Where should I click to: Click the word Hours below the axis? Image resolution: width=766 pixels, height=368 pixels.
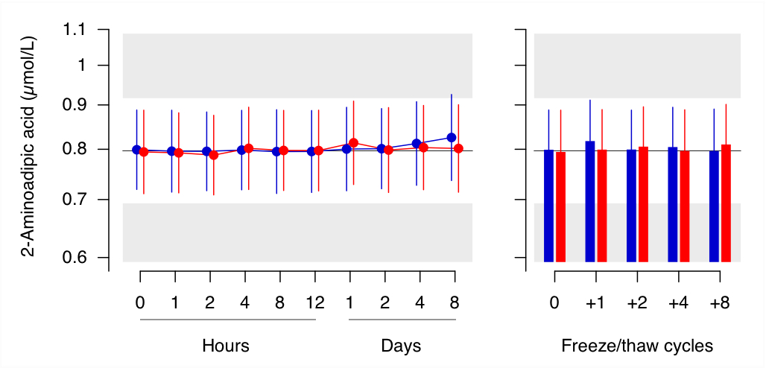click(x=225, y=346)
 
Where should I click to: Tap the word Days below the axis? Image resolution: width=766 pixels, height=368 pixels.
click(x=401, y=346)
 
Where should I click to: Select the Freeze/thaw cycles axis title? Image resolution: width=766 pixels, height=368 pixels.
click(x=637, y=346)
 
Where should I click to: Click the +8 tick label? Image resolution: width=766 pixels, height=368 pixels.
click(x=719, y=302)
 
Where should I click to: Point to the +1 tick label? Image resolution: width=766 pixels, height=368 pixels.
click(x=595, y=302)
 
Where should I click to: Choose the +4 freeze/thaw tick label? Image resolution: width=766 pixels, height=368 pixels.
click(x=678, y=302)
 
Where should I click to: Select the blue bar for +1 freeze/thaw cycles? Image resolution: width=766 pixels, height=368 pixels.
click(x=590, y=201)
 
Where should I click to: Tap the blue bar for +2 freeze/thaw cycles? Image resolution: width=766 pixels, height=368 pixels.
click(x=631, y=206)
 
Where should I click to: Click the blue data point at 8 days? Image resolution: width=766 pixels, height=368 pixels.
click(x=451, y=137)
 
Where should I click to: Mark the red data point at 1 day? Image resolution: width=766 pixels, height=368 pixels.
click(x=353, y=142)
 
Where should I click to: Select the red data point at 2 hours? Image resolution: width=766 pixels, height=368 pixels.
click(x=213, y=155)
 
